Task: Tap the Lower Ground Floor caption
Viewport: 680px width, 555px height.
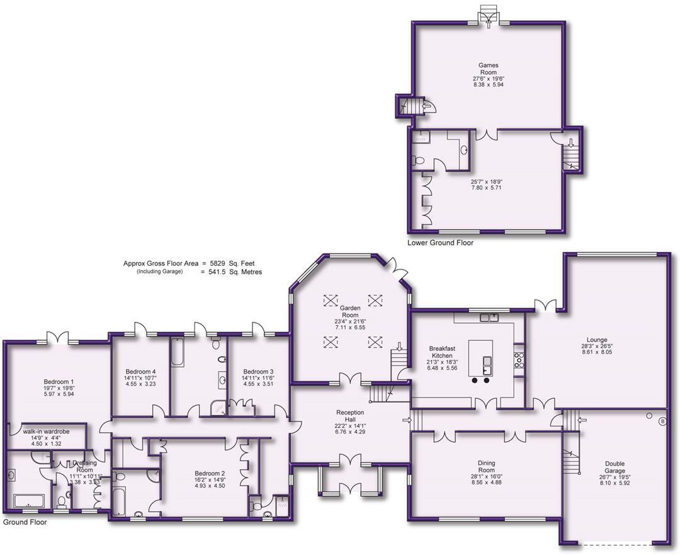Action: pyautogui.click(x=440, y=243)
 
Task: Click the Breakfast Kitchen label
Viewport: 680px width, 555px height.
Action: pyautogui.click(x=442, y=352)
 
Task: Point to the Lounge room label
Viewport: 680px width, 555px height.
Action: pyautogui.click(x=596, y=340)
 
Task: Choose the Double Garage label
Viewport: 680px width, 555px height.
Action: pyautogui.click(x=615, y=467)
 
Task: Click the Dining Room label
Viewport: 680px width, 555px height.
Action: pyautogui.click(x=486, y=466)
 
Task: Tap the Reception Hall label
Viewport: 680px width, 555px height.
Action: pyautogui.click(x=350, y=416)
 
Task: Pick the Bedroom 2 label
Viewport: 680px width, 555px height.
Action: pyautogui.click(x=210, y=474)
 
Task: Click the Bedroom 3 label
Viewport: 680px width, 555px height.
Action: pyautogui.click(x=258, y=372)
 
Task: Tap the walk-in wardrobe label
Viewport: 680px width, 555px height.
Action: pyautogui.click(x=45, y=432)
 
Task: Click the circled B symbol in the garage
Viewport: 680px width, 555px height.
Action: pyautogui.click(x=662, y=421)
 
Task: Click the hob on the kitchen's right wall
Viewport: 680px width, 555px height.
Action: pyautogui.click(x=519, y=360)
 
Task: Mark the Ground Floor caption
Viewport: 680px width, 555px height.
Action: pyautogui.click(x=25, y=522)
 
